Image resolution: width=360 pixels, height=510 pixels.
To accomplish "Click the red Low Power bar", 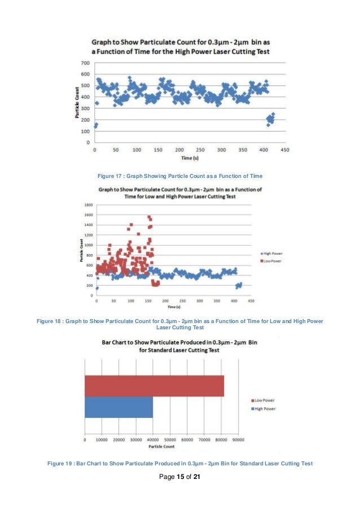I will coord(154,386).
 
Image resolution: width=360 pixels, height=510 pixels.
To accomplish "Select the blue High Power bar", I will coord(118,407).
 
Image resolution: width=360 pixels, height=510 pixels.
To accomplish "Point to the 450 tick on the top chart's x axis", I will coord(286,150).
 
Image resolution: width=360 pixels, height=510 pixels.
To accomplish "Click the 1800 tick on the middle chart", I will coord(89,205).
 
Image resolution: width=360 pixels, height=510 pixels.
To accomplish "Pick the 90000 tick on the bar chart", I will coord(238,438).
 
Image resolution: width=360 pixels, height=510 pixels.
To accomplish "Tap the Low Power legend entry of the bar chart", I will coord(263,400).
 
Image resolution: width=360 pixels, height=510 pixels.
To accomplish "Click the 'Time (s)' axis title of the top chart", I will coord(190,158).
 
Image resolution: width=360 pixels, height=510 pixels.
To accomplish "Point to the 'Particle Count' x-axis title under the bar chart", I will coord(161,446).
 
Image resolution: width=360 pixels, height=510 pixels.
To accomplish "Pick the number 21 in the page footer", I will coord(197,477).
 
